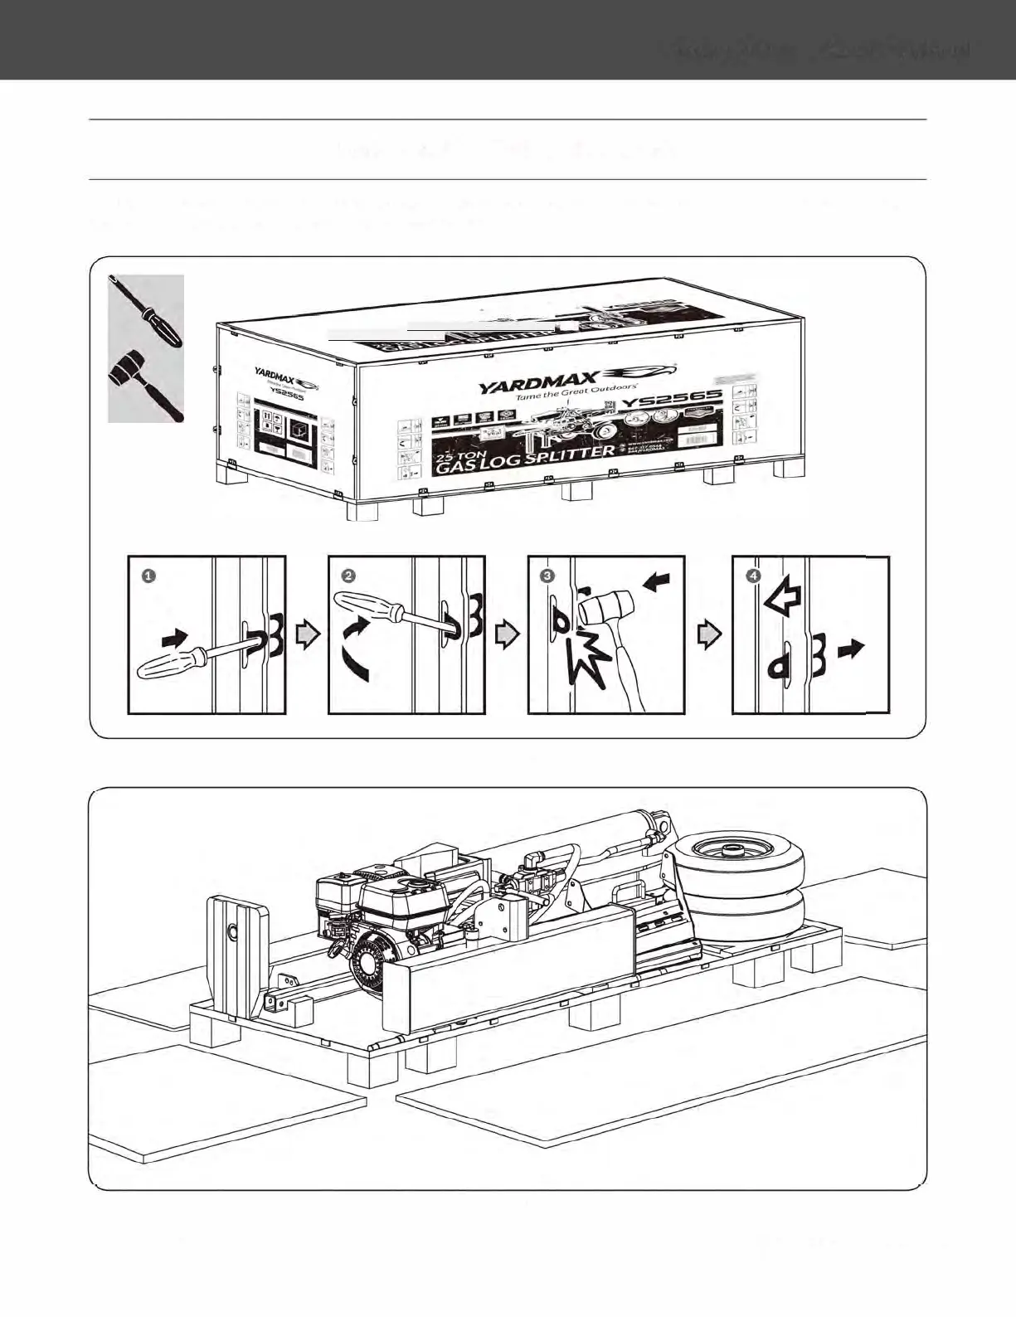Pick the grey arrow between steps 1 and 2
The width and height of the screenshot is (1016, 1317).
click(x=309, y=635)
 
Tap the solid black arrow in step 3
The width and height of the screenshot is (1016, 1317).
click(x=656, y=584)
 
